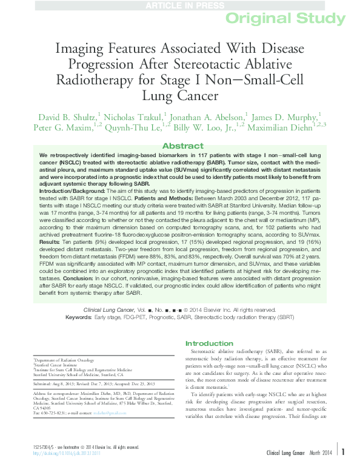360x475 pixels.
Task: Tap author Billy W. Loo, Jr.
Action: [x=201, y=127]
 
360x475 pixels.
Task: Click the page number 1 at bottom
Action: [x=343, y=468]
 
